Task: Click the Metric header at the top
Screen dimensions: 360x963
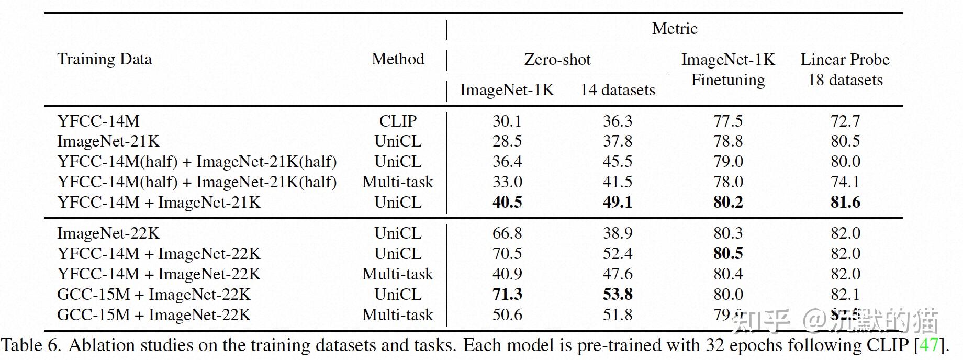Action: (x=674, y=29)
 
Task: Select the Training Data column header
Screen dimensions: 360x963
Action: (x=105, y=59)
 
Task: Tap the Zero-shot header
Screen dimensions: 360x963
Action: (x=557, y=60)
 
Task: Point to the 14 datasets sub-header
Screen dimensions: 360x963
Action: (x=618, y=90)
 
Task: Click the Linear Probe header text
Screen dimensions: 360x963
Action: (x=845, y=60)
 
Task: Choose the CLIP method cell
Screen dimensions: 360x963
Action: (x=398, y=121)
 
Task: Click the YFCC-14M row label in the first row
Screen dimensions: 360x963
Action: (x=98, y=121)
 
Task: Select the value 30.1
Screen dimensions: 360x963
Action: (x=507, y=121)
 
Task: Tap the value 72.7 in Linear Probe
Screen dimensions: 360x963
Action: (x=845, y=121)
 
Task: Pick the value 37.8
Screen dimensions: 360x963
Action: (x=618, y=141)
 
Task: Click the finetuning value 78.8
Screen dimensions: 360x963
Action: (x=728, y=141)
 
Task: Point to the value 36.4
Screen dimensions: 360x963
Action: (x=507, y=162)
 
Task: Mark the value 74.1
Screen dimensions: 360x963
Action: (x=845, y=182)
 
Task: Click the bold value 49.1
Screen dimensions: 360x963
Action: (x=618, y=203)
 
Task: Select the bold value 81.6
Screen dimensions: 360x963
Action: (x=845, y=203)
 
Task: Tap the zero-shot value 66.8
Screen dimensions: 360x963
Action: (x=507, y=233)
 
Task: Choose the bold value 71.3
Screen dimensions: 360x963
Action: (x=507, y=295)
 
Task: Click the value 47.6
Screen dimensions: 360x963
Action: (x=618, y=274)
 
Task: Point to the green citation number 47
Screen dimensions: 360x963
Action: (x=929, y=345)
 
